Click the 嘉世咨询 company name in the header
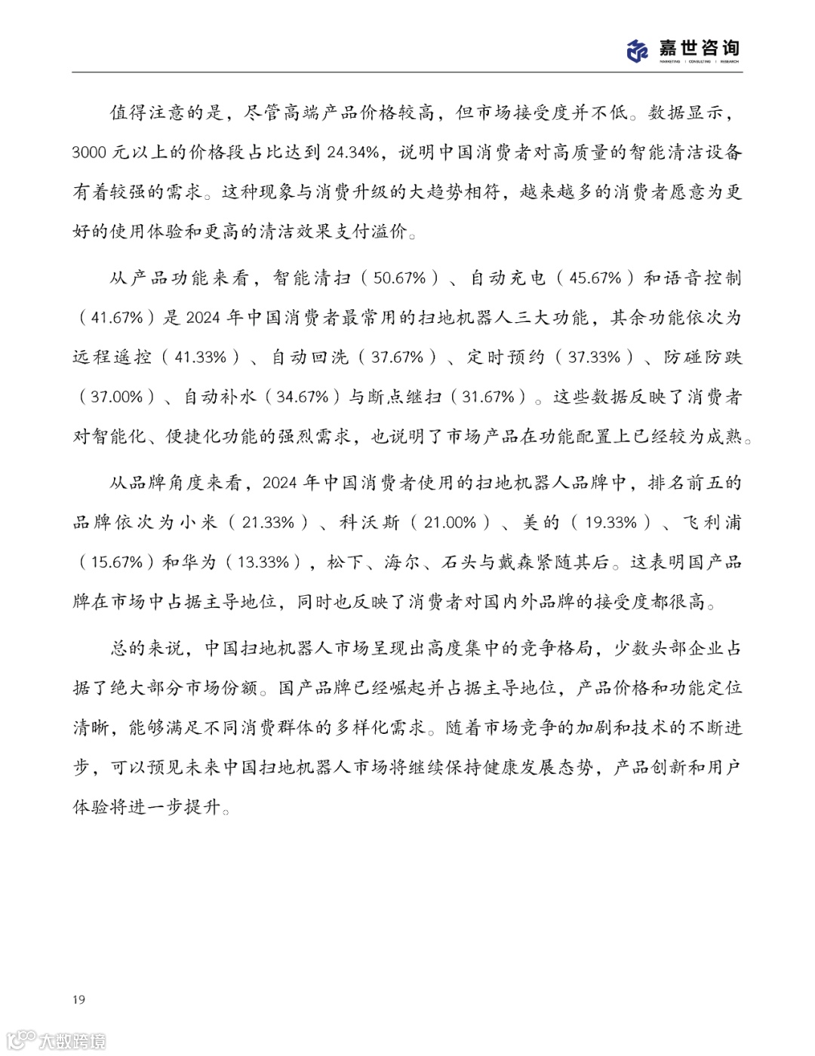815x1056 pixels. pos(698,48)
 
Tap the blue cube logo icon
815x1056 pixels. pos(638,51)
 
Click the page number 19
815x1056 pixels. pos(79,999)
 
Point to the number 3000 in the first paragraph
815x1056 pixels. pos(90,152)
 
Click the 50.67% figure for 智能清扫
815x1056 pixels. pos(400,278)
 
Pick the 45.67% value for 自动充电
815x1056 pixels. pos(595,278)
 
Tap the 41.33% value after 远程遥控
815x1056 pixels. pos(201,357)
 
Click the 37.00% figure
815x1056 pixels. pos(117,397)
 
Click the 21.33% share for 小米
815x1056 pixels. pos(268,523)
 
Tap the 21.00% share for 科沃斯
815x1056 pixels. pos(451,523)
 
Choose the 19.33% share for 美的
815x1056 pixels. pos(612,523)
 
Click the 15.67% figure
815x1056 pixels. pos(117,562)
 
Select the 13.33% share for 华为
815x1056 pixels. pos(263,562)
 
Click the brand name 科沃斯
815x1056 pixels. pos(368,523)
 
